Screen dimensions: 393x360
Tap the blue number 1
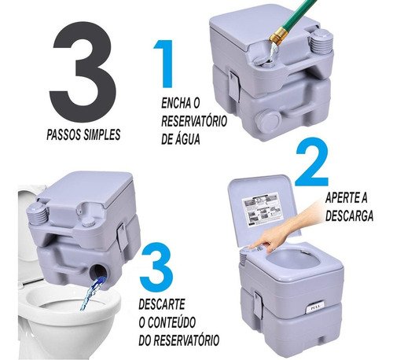pos(164,64)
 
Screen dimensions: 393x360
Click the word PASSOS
pos(64,134)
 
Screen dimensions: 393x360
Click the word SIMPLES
pos(102,134)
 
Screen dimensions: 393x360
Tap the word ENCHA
pos(176,103)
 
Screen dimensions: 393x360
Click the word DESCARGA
pos(349,216)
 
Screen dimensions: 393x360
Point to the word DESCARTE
pos(162,304)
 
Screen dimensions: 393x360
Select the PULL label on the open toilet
pos(314,308)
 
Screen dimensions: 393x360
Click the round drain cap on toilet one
pos(267,119)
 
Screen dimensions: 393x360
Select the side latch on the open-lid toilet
pos(258,304)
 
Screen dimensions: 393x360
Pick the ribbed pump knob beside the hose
pos(321,42)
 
